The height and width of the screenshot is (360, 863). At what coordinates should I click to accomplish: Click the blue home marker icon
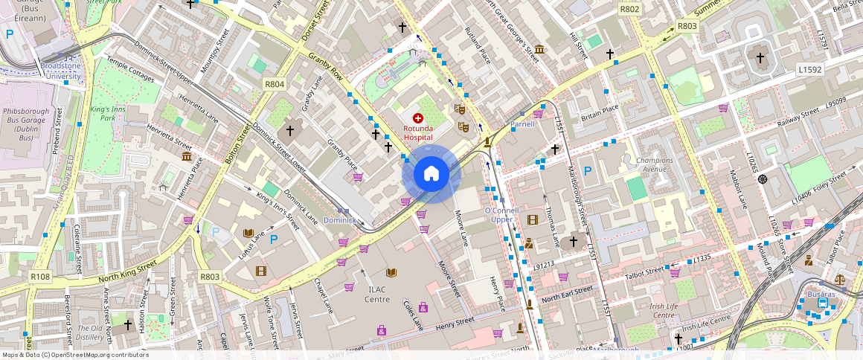click(x=431, y=174)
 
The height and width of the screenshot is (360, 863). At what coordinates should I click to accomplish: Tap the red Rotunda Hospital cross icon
click(x=417, y=118)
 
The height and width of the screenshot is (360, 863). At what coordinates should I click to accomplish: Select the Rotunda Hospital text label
click(x=417, y=132)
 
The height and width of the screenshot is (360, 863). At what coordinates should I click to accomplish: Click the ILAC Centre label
click(x=377, y=295)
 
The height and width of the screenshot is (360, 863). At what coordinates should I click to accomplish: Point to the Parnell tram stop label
click(x=523, y=124)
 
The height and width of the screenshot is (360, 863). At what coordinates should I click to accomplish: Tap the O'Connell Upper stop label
click(x=501, y=215)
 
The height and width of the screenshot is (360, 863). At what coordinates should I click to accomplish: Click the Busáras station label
click(x=821, y=295)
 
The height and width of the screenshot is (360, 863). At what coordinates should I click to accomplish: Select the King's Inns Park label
click(x=103, y=114)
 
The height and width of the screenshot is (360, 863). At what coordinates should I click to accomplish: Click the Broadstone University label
click(x=60, y=71)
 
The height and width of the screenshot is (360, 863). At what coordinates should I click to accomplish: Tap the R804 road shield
click(x=274, y=84)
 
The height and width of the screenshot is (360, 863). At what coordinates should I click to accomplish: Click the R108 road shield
click(x=40, y=277)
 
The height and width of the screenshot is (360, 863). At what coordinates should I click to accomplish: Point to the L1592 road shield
click(x=810, y=69)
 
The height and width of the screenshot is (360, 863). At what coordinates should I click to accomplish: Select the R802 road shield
click(x=629, y=9)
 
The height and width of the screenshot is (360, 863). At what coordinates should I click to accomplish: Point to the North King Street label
click(x=127, y=271)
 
